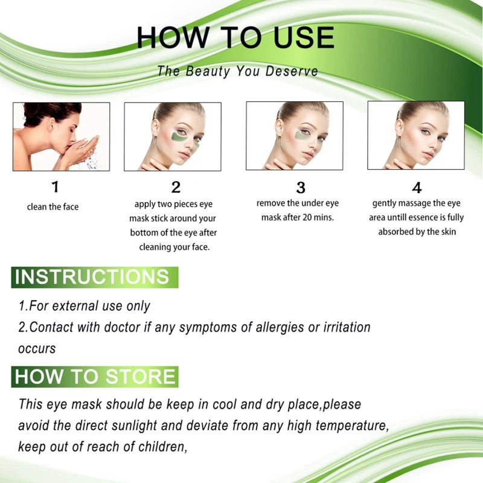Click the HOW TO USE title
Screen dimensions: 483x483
235,37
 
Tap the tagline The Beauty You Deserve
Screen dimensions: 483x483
237,71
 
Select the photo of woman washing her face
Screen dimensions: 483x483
62,136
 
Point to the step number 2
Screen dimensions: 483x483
176,188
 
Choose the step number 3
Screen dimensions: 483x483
300,187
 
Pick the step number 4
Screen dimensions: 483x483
417,187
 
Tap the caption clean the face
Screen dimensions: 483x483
53,207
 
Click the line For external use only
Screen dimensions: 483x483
85,306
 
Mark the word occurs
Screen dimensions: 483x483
37,348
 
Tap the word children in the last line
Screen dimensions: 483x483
161,447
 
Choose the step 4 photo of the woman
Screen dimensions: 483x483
416,135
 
